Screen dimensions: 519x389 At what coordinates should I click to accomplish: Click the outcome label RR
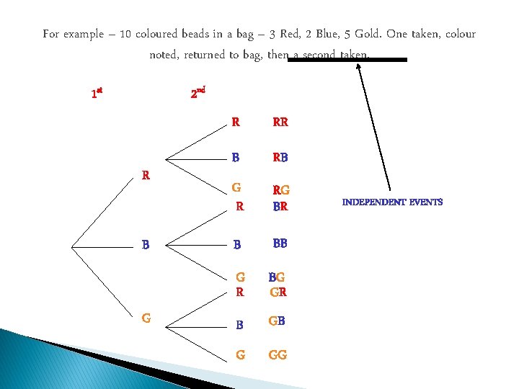point(280,122)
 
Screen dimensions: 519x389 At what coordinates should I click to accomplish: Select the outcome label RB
point(280,157)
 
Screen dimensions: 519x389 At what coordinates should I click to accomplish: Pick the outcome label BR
point(280,206)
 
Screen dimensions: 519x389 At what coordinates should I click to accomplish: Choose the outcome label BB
point(280,243)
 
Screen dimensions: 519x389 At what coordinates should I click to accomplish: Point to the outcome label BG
point(277,277)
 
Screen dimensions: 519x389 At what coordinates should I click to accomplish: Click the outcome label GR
point(278,292)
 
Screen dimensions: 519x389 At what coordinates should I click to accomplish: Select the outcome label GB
point(278,321)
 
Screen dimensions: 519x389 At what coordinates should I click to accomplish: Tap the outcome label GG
point(278,355)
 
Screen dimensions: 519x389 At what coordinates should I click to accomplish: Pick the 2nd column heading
point(198,93)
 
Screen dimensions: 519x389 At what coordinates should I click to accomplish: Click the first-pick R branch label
point(146,175)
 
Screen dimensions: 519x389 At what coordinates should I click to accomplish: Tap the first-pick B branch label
point(146,244)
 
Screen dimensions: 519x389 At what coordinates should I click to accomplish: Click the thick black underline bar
point(347,60)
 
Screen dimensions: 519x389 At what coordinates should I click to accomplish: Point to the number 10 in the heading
point(125,35)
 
